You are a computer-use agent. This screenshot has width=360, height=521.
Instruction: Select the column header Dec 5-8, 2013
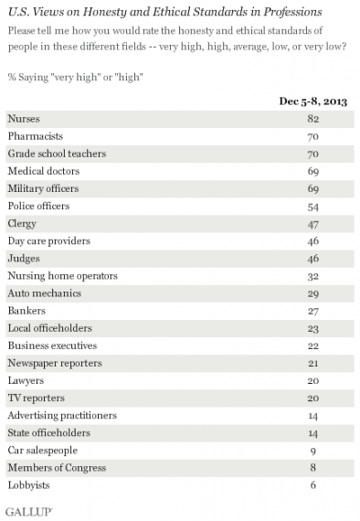coord(313,101)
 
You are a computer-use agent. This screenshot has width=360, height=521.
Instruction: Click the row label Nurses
coord(23,119)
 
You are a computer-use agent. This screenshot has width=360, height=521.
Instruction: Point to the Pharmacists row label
coord(35,136)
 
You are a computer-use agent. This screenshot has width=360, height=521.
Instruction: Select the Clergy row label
coord(23,224)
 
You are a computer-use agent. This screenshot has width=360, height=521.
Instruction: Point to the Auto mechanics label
coord(44,293)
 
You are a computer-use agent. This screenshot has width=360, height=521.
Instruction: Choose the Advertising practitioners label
coord(61,415)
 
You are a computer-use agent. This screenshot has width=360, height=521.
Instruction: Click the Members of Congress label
coord(56,467)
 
